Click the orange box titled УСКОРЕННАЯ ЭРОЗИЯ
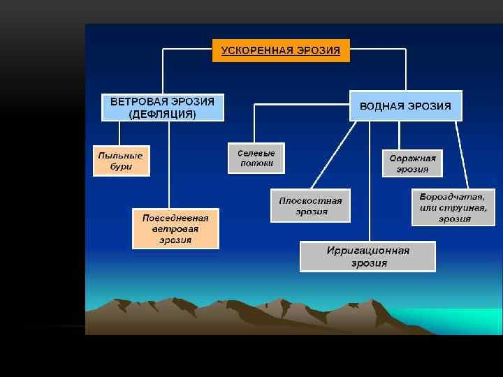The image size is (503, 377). pyautogui.click(x=281, y=50)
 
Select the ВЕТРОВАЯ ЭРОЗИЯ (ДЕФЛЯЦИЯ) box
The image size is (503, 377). pyautogui.click(x=162, y=108)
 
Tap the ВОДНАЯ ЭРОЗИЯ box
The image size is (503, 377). pyautogui.click(x=405, y=107)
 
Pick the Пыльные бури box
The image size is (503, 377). pyautogui.click(x=121, y=161)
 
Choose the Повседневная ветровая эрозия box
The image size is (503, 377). pyautogui.click(x=175, y=229)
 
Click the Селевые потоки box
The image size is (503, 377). pyautogui.click(x=256, y=158)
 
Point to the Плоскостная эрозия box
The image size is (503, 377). pyautogui.click(x=310, y=206)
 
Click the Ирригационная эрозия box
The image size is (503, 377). pyautogui.click(x=367, y=257)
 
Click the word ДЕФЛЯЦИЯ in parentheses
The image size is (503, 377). pyautogui.click(x=162, y=114)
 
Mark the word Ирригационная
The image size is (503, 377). pyautogui.click(x=367, y=251)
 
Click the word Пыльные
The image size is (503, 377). pyautogui.click(x=121, y=155)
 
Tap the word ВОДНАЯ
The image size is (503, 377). pyautogui.click(x=383, y=107)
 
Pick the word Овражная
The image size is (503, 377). pyautogui.click(x=412, y=158)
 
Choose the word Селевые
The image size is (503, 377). pyautogui.click(x=256, y=153)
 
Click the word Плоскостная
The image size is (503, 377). pyautogui.click(x=310, y=200)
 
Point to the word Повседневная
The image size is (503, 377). pyautogui.click(x=175, y=218)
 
